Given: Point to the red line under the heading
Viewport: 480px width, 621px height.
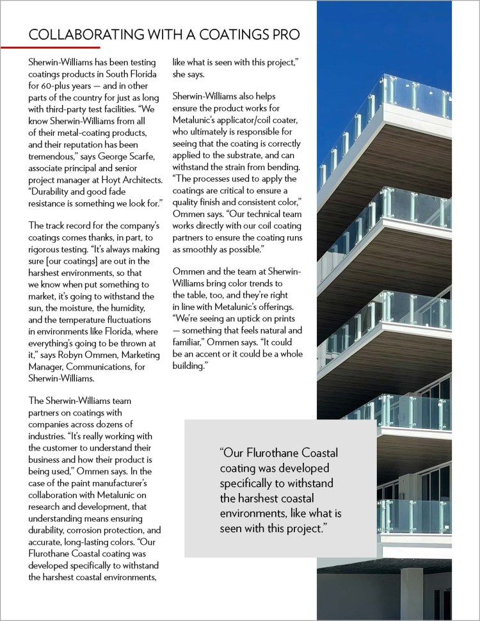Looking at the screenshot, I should [x=64, y=47].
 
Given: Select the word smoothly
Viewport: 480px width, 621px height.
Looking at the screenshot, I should [x=206, y=249].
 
